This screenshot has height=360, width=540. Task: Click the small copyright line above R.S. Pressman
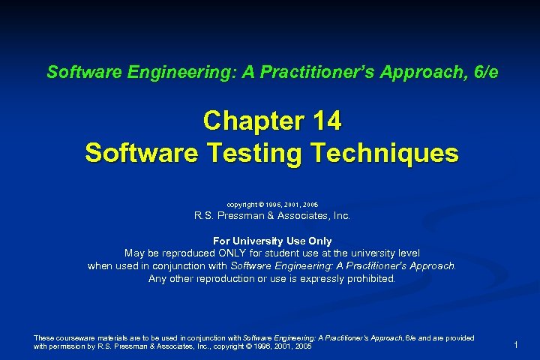(x=272, y=204)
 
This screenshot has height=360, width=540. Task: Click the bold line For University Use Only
(x=272, y=241)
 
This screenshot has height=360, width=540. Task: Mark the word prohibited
(x=367, y=278)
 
